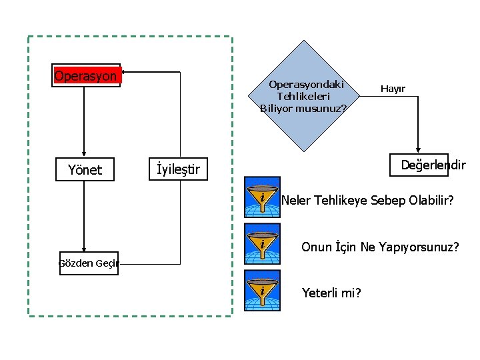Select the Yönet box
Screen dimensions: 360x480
pyautogui.click(x=85, y=170)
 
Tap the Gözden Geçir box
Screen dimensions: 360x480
pyautogui.click(x=88, y=263)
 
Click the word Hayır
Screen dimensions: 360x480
pyautogui.click(x=393, y=89)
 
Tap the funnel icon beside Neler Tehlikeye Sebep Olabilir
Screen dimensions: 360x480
pyautogui.click(x=262, y=197)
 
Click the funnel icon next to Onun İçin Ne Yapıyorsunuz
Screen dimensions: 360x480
pyautogui.click(x=262, y=244)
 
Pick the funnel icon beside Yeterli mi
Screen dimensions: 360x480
pyautogui.click(x=262, y=291)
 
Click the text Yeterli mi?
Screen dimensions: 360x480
pyautogui.click(x=331, y=292)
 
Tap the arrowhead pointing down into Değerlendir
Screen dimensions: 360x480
pyautogui.click(x=418, y=150)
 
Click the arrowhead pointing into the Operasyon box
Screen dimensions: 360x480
pyautogui.click(x=125, y=71)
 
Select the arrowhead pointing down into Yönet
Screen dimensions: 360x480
pyautogui.click(x=84, y=153)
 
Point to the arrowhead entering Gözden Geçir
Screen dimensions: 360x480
pyautogui.click(x=84, y=247)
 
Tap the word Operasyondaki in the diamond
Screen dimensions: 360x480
pyautogui.click(x=306, y=85)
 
